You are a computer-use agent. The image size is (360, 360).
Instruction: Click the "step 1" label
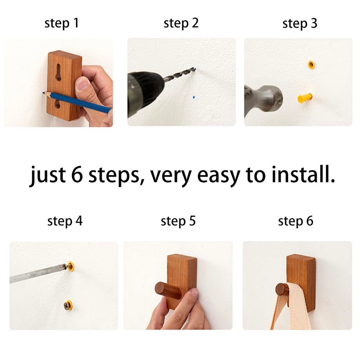pos(62,23)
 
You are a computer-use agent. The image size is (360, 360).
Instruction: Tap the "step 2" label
pos(181,23)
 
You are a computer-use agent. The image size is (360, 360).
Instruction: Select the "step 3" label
pos(300,23)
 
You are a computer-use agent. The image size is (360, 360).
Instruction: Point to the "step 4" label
pos(65,221)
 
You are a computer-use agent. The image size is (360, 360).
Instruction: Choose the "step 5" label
pos(178,221)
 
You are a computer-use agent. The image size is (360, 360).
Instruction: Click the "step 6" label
pos(296,221)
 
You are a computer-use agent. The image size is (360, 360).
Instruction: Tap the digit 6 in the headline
pos(77,174)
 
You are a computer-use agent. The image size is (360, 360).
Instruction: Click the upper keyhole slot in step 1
pos(58,72)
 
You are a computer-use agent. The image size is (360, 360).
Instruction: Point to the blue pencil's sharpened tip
pos(43,93)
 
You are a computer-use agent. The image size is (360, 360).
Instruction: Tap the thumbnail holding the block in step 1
pos(82,83)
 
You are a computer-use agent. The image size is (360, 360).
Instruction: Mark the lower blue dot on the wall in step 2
pos(194,97)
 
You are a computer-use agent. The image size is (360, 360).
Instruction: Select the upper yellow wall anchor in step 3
pos(311,65)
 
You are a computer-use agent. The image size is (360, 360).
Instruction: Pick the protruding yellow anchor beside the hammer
pos(305,98)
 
